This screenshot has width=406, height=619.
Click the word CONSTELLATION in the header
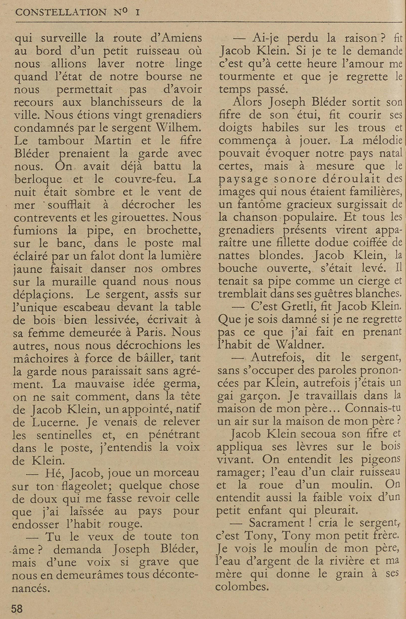61,12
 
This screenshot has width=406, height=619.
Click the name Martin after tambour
113,141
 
